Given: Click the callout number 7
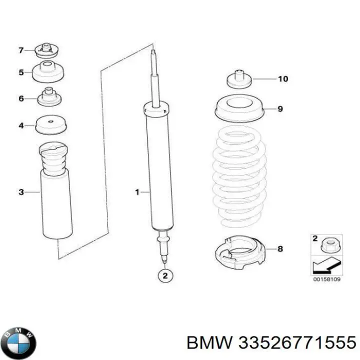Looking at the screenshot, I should click(x=21, y=50).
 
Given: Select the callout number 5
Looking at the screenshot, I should click(x=21, y=72).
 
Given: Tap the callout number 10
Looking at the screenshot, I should click(x=283, y=79).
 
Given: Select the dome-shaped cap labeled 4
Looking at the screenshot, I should click(x=51, y=123).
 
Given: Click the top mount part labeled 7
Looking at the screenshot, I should click(x=48, y=50).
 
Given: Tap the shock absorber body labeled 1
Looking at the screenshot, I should click(x=159, y=170).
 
